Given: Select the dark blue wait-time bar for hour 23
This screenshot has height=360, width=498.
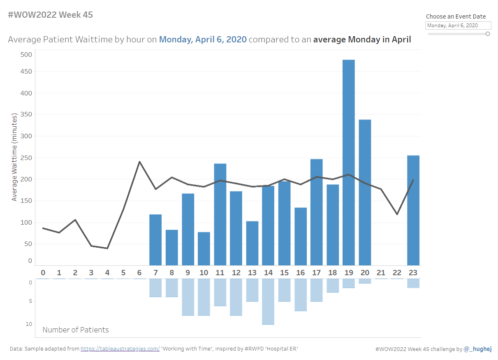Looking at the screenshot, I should (413, 210).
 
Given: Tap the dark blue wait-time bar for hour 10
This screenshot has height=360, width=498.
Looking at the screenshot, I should (204, 249).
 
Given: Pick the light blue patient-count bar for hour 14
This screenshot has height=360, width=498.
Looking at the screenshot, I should (268, 301).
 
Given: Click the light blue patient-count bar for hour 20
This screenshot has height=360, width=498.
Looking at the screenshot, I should (365, 281).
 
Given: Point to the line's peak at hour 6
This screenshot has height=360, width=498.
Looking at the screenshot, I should (140, 162).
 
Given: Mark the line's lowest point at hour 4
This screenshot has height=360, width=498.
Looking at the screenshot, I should (107, 248).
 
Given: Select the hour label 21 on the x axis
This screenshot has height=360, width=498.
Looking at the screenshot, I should (381, 272).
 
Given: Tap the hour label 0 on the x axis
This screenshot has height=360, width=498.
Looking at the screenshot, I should (43, 272).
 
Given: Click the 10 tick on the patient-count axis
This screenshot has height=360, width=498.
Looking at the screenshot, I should (29, 324).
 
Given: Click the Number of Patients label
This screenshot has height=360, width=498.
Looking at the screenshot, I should (76, 330).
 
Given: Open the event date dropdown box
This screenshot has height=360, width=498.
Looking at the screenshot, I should (458, 26).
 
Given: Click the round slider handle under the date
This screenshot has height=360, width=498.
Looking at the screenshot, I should (488, 34).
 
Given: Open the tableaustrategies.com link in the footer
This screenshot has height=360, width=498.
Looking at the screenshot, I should (120, 349).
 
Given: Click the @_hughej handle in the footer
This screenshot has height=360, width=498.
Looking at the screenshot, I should (478, 349).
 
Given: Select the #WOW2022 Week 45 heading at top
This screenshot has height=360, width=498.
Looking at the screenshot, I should (51, 15).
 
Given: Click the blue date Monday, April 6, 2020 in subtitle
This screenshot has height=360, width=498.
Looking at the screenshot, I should (203, 39).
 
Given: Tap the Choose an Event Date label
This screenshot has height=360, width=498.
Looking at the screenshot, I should (456, 16).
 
